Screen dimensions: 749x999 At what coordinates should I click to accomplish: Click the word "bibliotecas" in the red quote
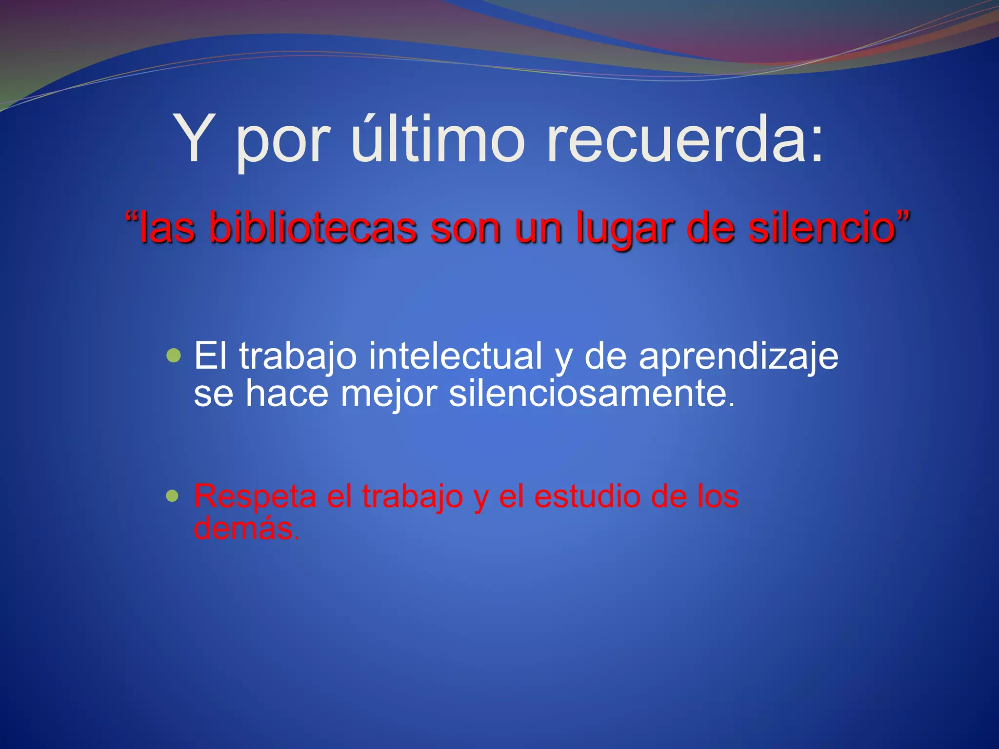pyautogui.click(x=313, y=228)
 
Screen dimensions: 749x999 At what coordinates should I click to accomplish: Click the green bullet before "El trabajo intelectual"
pyautogui.click(x=173, y=355)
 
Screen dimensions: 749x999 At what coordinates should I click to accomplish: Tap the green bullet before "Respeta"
pyautogui.click(x=172, y=496)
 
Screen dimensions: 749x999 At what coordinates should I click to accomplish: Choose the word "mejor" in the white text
pyautogui.click(x=389, y=394)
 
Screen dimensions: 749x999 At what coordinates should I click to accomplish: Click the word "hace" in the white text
pyautogui.click(x=287, y=393)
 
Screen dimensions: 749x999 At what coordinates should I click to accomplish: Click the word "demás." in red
pyautogui.click(x=246, y=528)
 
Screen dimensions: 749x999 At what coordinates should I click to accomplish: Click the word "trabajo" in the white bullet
pyautogui.click(x=298, y=357)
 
